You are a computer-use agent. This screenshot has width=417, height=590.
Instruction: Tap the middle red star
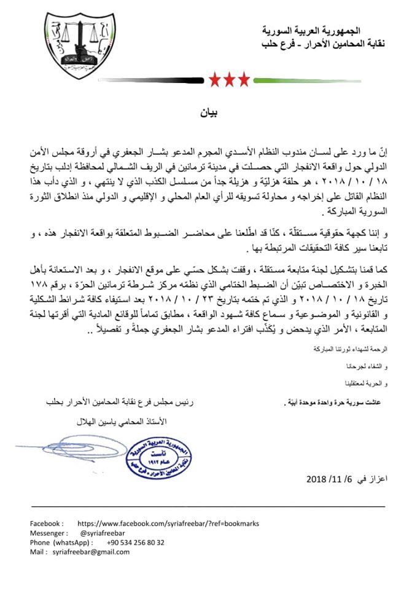[x=230, y=79]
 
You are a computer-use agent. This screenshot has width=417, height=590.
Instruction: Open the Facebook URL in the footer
[x=169, y=524]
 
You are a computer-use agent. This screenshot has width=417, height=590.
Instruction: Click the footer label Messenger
[x=49, y=533]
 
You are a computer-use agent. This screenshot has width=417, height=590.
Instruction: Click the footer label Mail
[x=39, y=552]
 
